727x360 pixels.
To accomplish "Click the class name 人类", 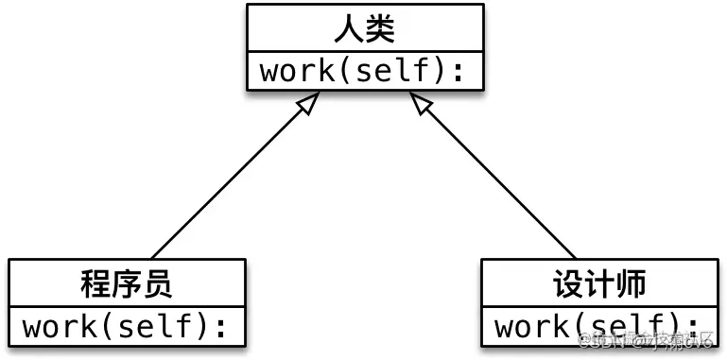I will click(364, 29).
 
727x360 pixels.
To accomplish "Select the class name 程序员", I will click(127, 283).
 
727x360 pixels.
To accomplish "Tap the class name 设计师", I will click(598, 283).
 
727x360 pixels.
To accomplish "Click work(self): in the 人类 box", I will click(364, 72).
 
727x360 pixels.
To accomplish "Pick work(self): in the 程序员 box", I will click(127, 327).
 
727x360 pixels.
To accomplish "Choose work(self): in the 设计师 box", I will click(598, 327).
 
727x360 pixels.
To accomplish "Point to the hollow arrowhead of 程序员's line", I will click(304, 107).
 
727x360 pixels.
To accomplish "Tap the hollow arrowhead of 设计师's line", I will click(423, 107).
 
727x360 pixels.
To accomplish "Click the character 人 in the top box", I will click(348, 29).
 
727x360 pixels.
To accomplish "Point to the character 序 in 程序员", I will click(127, 283).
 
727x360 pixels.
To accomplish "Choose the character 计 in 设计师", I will click(598, 283).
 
